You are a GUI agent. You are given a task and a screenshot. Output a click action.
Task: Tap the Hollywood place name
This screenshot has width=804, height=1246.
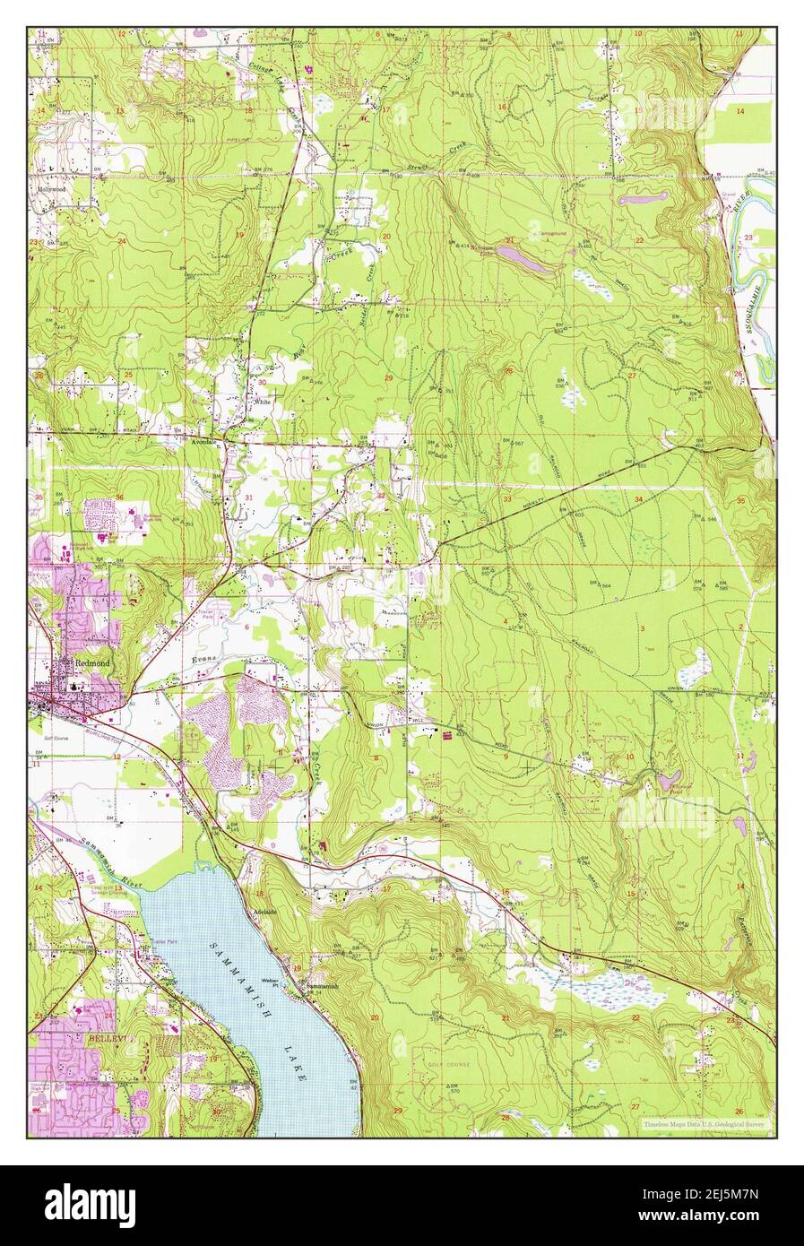(x=54, y=191)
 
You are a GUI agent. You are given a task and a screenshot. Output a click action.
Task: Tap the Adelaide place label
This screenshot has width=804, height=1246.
(x=267, y=909)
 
